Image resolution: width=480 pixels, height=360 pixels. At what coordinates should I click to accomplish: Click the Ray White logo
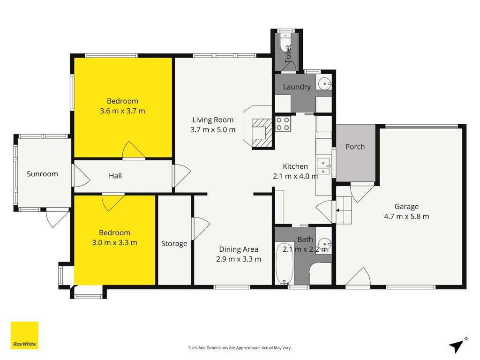pyautogui.click(x=24, y=335)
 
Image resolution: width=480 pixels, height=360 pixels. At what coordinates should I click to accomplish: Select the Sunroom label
pyautogui.click(x=42, y=174)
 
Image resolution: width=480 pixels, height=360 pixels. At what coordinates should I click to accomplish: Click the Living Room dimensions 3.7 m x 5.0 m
pyautogui.click(x=213, y=129)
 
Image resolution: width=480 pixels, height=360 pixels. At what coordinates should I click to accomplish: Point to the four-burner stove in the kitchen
pyautogui.click(x=283, y=124)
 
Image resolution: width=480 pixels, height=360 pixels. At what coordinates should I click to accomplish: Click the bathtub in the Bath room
pyautogui.click(x=285, y=264)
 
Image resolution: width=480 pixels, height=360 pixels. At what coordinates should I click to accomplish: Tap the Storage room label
pyautogui.click(x=174, y=244)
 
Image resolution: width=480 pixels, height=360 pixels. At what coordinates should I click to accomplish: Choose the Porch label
pyautogui.click(x=355, y=147)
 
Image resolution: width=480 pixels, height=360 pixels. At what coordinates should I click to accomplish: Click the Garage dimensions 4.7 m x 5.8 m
pyautogui.click(x=406, y=217)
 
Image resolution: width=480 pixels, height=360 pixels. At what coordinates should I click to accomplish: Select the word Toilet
pyautogui.click(x=288, y=54)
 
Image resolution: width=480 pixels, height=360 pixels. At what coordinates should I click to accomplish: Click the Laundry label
pyautogui.click(x=297, y=87)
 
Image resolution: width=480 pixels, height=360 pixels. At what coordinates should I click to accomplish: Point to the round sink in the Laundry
pyautogui.click(x=324, y=83)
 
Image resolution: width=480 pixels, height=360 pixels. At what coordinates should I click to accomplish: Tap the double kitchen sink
pyautogui.click(x=323, y=166)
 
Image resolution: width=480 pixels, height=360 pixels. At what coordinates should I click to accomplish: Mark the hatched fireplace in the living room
pyautogui.click(x=262, y=133)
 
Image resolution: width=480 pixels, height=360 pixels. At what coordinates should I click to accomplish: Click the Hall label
pyautogui.click(x=115, y=176)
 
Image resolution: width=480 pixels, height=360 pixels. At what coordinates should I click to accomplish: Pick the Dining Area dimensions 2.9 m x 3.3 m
pyautogui.click(x=239, y=259)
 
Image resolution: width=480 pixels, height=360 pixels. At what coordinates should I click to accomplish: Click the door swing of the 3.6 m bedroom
pyautogui.click(x=134, y=150)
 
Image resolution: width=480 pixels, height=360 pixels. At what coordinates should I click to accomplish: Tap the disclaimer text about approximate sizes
pyautogui.click(x=240, y=348)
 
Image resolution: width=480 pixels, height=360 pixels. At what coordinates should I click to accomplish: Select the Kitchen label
pyautogui.click(x=295, y=166)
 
